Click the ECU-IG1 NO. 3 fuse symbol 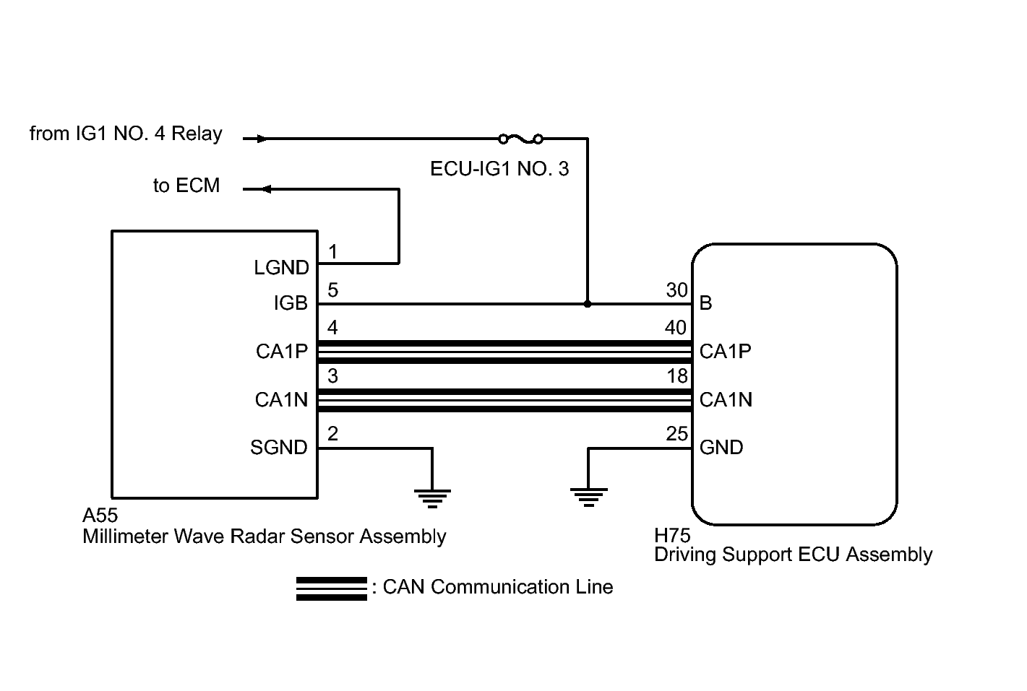[520, 138]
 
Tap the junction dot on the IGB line [588, 304]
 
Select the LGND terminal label [281, 268]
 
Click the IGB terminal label [291, 304]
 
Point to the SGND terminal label [279, 448]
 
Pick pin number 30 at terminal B [676, 290]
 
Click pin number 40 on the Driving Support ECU [676, 328]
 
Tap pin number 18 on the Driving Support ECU [677, 376]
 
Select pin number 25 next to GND [676, 434]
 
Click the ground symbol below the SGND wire [432, 497]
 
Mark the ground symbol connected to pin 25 [588, 497]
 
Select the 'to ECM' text [186, 186]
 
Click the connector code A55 [100, 516]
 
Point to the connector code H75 [672, 535]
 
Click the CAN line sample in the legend [332, 588]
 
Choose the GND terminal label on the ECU [721, 448]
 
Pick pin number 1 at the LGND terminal [332, 252]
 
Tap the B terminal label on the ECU [706, 303]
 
